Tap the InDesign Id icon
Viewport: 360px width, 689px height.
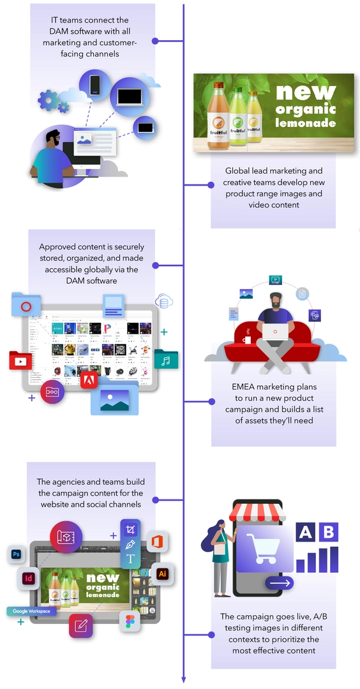click(29, 579)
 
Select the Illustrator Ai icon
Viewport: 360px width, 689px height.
click(163, 572)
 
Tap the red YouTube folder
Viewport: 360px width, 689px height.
click(20, 360)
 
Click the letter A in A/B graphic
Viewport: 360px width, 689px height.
click(305, 532)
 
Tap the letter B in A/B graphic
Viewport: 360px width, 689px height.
click(329, 532)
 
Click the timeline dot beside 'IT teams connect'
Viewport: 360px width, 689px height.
click(155, 41)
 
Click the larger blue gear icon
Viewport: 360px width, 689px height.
click(48, 99)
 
